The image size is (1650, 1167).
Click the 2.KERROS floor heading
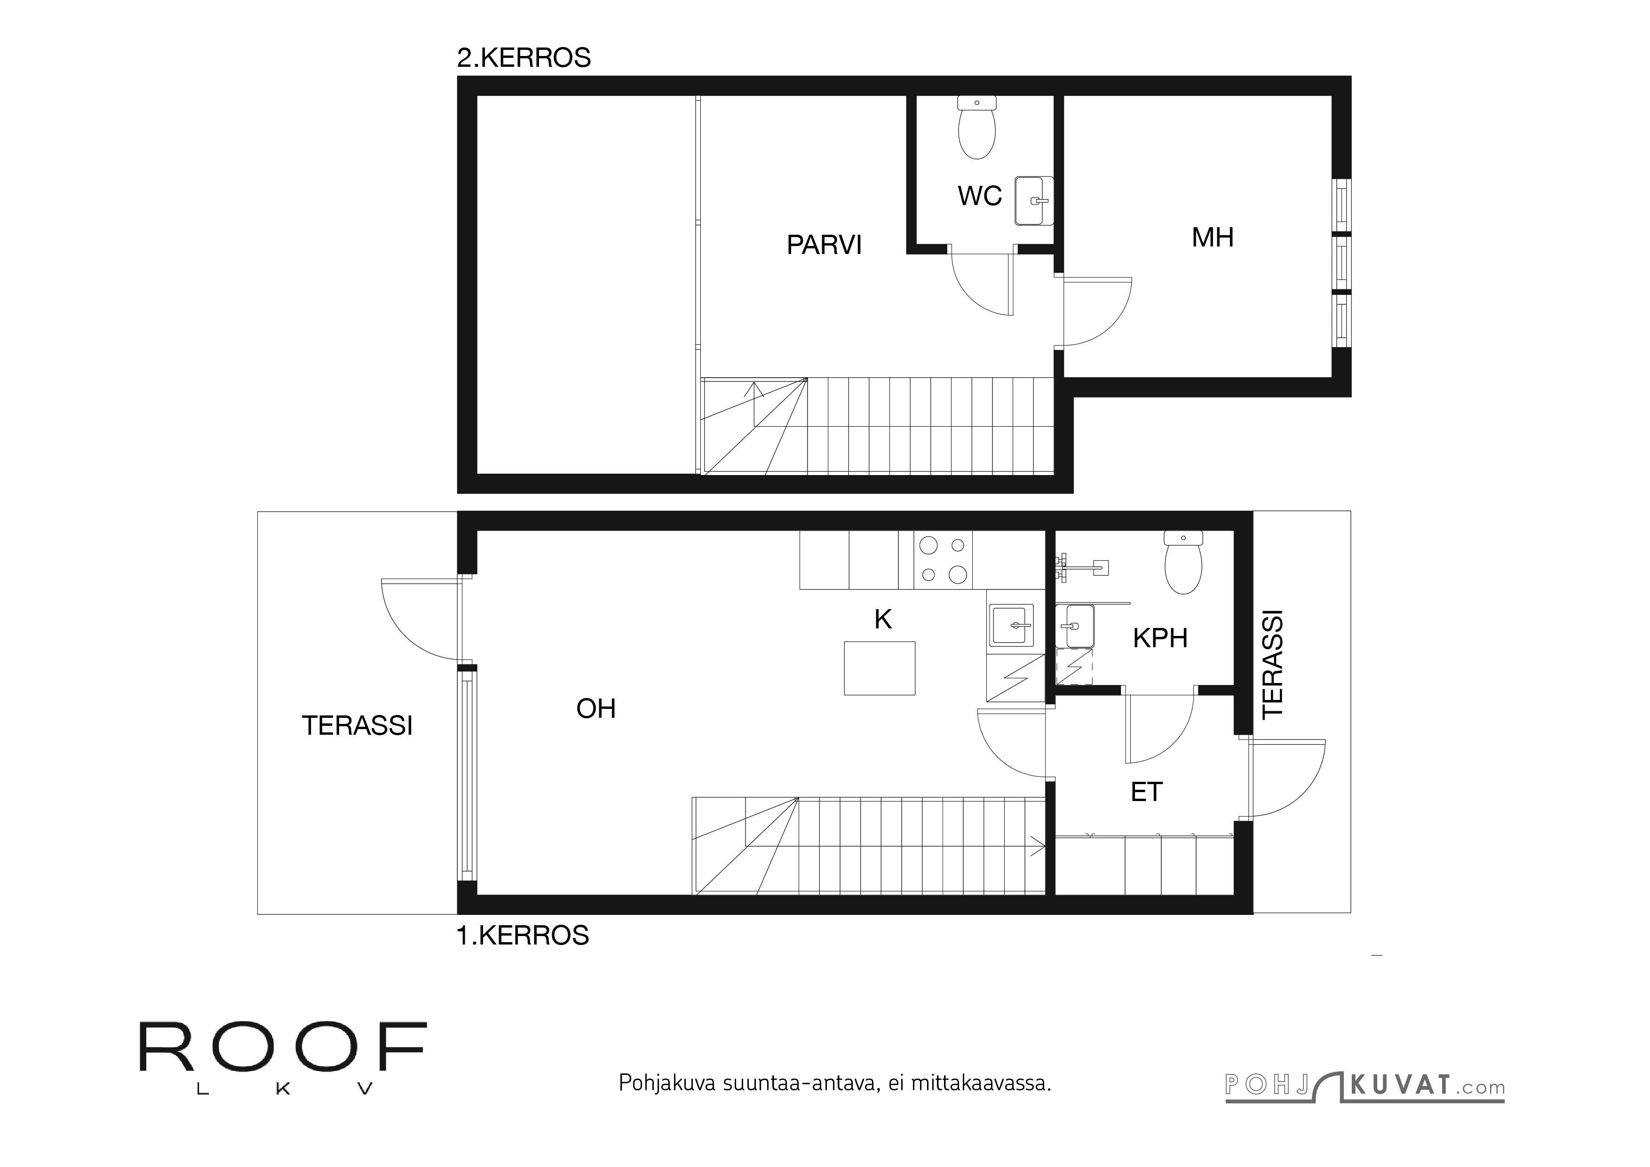[524, 57]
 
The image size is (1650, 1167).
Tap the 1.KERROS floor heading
[523, 935]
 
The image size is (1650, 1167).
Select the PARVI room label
[824, 245]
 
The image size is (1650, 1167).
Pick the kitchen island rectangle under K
[879, 668]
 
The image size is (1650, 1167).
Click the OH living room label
[596, 709]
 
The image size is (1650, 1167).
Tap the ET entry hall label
[1146, 792]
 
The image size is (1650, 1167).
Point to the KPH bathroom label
[1160, 638]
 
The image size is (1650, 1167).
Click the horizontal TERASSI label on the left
[357, 726]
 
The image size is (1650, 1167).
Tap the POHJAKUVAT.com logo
[1364, 1086]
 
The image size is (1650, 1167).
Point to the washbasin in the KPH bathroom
[1076, 627]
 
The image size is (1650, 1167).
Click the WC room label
[979, 196]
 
